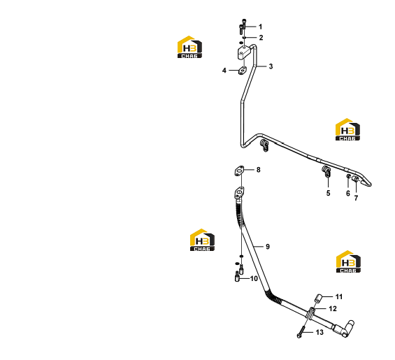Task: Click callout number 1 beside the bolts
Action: pos(261,27)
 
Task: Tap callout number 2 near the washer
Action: pos(261,38)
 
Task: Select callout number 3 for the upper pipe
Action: pos(271,66)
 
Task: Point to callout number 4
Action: pos(224,71)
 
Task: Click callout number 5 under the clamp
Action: pos(329,193)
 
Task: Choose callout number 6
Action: pos(348,193)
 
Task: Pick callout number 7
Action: pos(356,198)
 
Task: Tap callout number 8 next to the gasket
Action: pos(259,170)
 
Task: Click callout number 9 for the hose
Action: pos(268,247)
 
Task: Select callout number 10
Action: pos(254,278)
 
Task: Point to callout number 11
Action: pos(339,297)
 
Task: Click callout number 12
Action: pos(333,308)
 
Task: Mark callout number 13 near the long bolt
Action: pos(319,333)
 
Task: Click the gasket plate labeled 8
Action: pos(239,171)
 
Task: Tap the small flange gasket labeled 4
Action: pos(66,71)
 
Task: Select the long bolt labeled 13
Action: pos(301,332)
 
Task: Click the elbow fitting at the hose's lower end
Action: pos(345,329)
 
